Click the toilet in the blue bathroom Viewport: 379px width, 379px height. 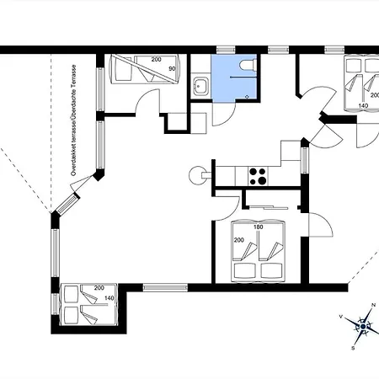(248, 65)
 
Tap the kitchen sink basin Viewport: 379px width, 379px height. (200, 86)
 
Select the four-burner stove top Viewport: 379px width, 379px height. (258, 176)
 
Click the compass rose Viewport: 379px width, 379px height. (362, 326)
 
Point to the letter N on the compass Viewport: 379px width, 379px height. (373, 305)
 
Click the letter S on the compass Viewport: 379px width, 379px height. (353, 348)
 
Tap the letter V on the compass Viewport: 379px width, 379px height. (341, 317)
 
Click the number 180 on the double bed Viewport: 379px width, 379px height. (258, 227)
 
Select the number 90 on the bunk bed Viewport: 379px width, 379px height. (172, 69)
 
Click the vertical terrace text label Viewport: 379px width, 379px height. (73, 120)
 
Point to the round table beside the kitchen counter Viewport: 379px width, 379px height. (198, 175)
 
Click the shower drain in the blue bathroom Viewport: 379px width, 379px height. (247, 97)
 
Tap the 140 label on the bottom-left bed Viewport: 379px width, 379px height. (109, 298)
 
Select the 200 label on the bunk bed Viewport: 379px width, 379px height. (156, 59)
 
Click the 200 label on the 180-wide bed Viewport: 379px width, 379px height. (238, 240)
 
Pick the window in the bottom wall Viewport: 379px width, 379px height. (165, 287)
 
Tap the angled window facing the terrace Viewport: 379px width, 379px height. (67, 203)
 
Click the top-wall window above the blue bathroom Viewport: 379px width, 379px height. (226, 50)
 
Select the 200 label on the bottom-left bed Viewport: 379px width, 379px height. (99, 288)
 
